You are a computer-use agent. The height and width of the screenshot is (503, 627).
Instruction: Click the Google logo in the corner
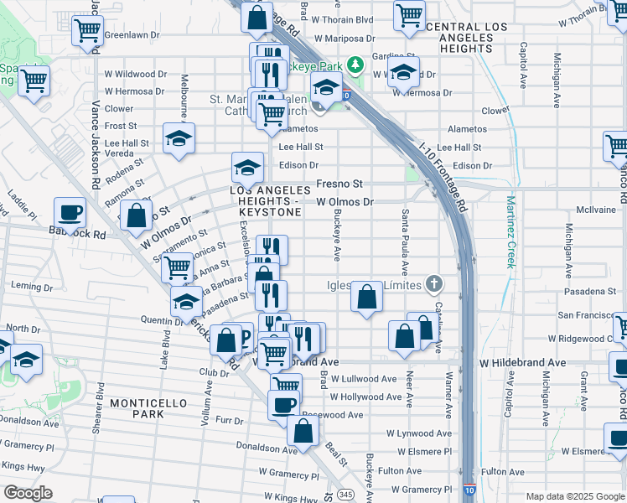28,493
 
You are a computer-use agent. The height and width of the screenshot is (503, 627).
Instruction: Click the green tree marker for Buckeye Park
356,64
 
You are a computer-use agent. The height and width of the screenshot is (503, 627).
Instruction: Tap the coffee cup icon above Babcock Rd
70,212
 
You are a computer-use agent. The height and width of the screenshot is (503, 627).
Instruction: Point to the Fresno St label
339,184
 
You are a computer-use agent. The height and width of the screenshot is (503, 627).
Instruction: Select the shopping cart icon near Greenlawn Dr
87,30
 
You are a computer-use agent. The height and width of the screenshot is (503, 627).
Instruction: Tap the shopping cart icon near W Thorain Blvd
409,13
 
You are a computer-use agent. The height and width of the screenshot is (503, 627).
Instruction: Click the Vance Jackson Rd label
96,144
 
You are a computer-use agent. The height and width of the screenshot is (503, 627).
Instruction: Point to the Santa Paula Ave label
406,242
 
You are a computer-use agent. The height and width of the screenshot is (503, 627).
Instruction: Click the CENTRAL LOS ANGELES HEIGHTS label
467,34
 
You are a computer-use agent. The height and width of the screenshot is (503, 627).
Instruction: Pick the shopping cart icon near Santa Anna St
177,267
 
